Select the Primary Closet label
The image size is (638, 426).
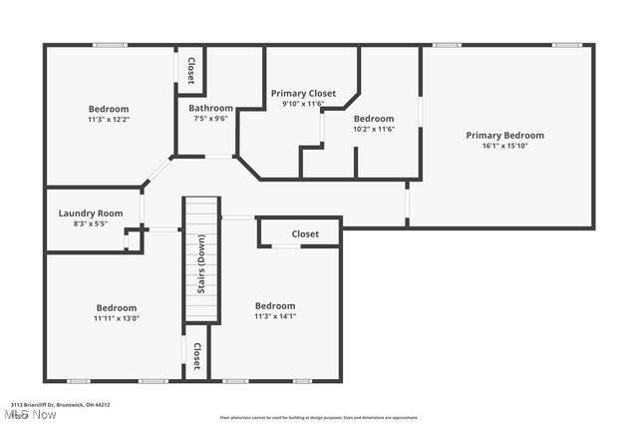(303, 93)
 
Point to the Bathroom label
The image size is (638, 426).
(211, 108)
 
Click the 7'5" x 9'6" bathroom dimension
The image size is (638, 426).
(211, 119)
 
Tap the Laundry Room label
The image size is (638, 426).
(91, 213)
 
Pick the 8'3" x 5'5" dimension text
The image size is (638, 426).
(91, 223)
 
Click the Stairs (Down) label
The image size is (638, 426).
(200, 284)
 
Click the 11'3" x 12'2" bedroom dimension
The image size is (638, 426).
(108, 120)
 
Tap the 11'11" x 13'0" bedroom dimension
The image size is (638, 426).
(116, 319)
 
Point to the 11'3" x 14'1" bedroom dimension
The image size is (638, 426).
(275, 317)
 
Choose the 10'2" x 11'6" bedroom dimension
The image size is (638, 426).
(374, 130)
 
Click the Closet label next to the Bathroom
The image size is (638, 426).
(190, 68)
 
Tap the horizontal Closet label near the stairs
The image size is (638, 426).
(305, 234)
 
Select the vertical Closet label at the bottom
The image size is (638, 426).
(196, 355)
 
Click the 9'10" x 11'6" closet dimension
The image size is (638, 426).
(303, 104)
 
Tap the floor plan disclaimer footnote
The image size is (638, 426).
(319, 418)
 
